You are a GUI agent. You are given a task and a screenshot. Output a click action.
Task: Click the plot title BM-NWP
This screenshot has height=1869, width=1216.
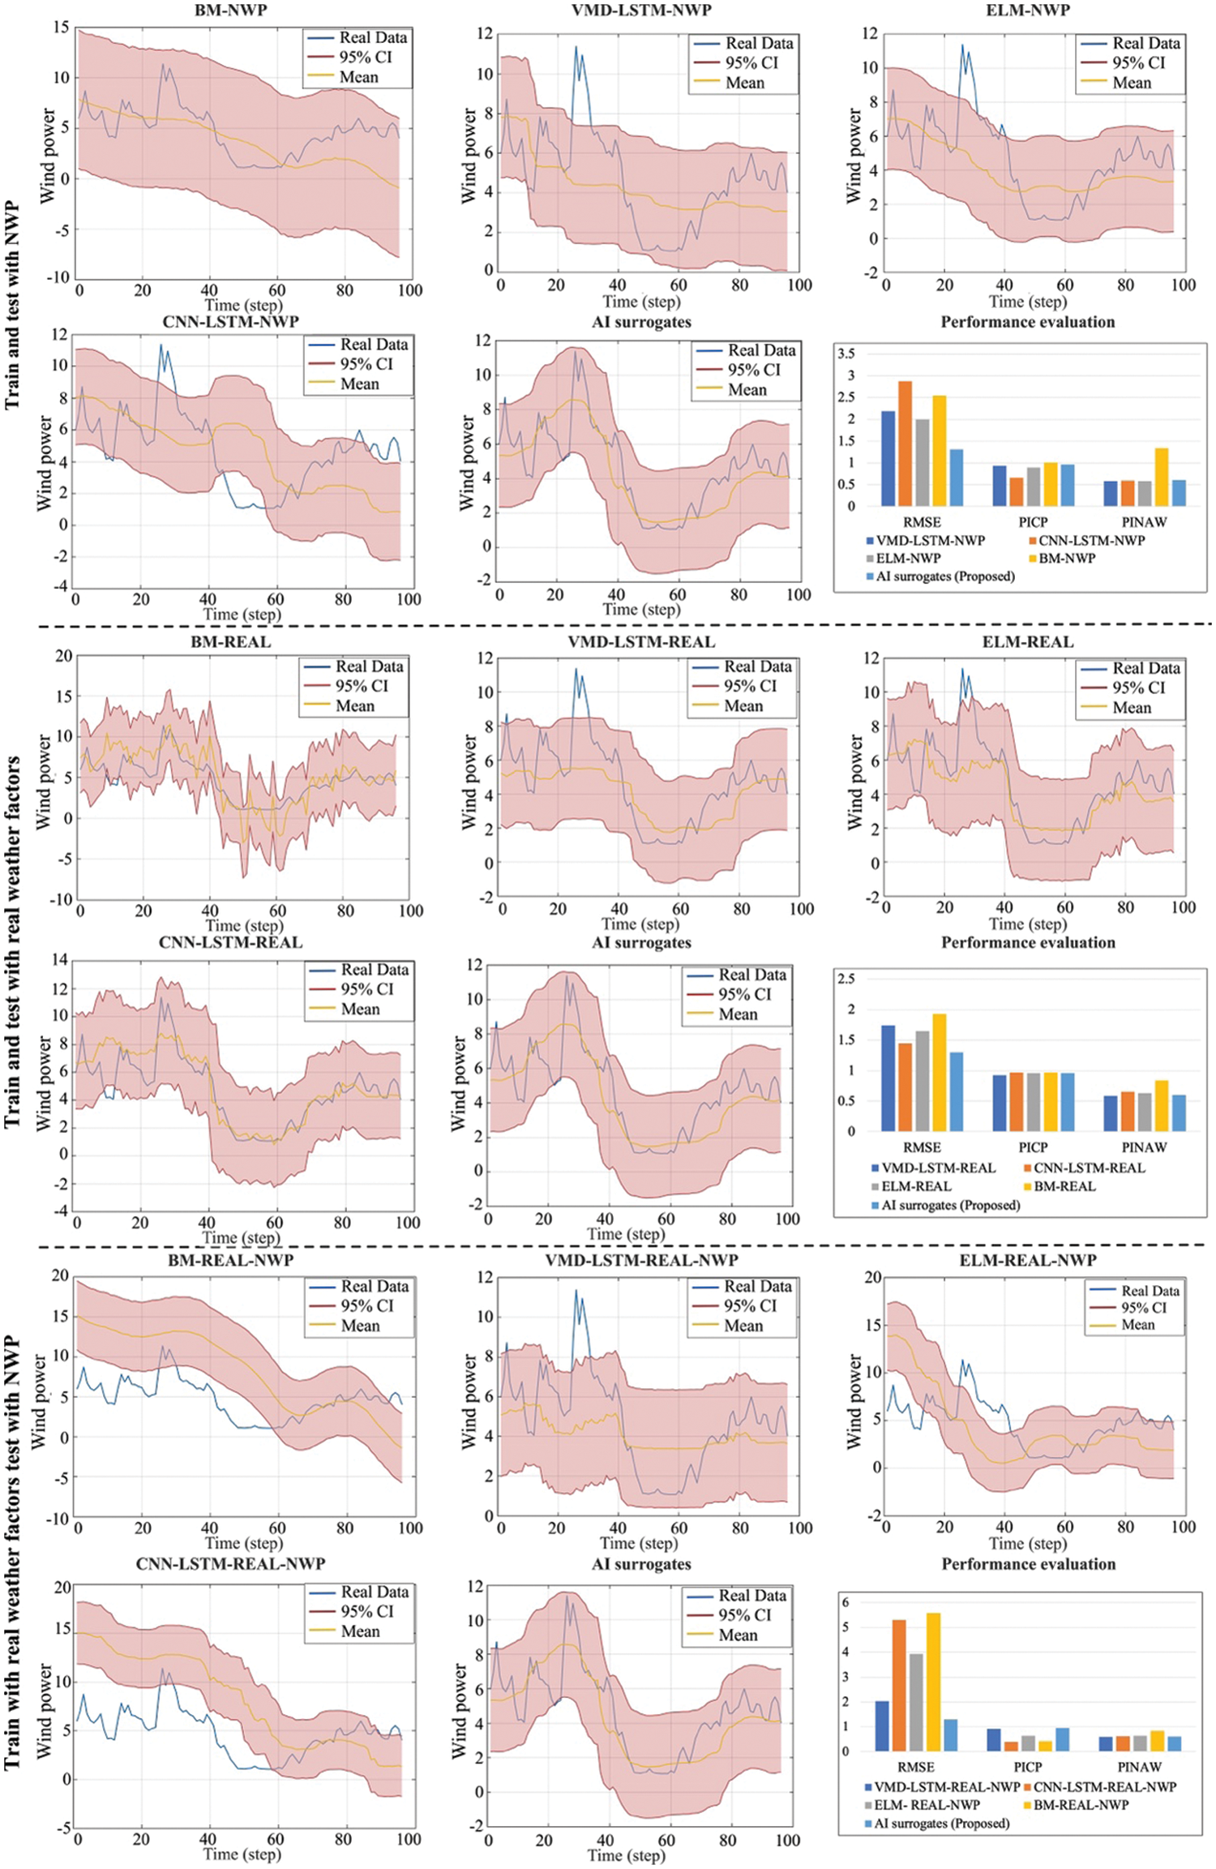pos(230,11)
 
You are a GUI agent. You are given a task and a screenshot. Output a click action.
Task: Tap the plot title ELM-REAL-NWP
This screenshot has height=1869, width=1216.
pos(1027,1260)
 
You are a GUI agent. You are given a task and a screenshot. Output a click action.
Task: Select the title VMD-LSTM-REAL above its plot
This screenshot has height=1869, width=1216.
pos(641,642)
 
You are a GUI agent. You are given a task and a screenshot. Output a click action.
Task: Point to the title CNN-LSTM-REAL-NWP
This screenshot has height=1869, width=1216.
pos(230,1563)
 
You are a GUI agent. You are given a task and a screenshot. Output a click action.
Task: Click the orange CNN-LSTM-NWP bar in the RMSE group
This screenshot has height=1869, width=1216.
pos(905,444)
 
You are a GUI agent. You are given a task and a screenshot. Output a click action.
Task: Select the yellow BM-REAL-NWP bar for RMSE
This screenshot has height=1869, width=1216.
pos(933,1682)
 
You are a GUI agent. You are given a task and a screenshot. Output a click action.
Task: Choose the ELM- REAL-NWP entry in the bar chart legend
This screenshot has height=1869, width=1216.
pos(926,1805)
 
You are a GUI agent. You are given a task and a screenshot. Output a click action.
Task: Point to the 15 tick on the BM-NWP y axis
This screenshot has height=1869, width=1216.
pos(62,28)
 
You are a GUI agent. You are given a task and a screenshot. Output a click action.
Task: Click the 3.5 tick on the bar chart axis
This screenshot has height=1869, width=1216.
pos(846,354)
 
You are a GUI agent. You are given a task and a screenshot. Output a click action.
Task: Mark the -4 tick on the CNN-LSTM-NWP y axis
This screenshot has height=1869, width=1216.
pos(59,587)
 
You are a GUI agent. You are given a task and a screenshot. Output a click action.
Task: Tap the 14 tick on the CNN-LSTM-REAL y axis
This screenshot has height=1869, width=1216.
pos(60,960)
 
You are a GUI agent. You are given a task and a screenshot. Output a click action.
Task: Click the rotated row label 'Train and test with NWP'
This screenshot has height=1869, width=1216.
pos(13,306)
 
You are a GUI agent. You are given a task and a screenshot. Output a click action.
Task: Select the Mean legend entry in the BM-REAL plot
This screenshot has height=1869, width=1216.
pos(355,705)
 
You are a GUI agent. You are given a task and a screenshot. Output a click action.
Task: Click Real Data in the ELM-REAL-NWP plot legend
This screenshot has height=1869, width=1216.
pos(1150,1290)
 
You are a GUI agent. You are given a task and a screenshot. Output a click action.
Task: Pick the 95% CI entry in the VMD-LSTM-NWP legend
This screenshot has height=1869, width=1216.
pos(751,62)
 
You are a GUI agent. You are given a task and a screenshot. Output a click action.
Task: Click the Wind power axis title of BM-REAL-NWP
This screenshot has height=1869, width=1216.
pos(38,1400)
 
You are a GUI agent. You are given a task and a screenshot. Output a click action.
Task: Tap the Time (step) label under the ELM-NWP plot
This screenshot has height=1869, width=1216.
pos(1027,302)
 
